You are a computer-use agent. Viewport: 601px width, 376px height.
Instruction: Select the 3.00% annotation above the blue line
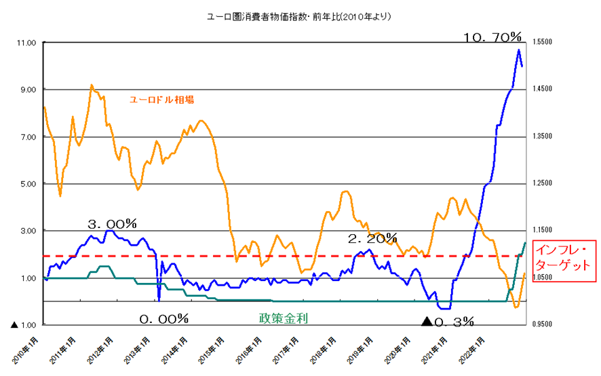coord(113,223)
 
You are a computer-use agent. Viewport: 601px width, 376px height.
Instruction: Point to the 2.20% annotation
coord(372,238)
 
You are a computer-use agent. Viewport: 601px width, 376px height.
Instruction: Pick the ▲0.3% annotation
coord(448,321)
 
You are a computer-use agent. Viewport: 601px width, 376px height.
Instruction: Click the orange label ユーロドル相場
coord(162,99)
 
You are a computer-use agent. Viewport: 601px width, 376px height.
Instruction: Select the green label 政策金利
coord(283,318)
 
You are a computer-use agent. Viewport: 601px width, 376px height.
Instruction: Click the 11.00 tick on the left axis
coord(26,43)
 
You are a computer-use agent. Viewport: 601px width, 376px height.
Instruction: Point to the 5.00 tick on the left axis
coord(28,184)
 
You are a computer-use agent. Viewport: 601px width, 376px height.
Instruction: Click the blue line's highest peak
coord(519,50)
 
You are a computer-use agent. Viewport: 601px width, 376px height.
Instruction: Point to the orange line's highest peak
coord(92,85)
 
